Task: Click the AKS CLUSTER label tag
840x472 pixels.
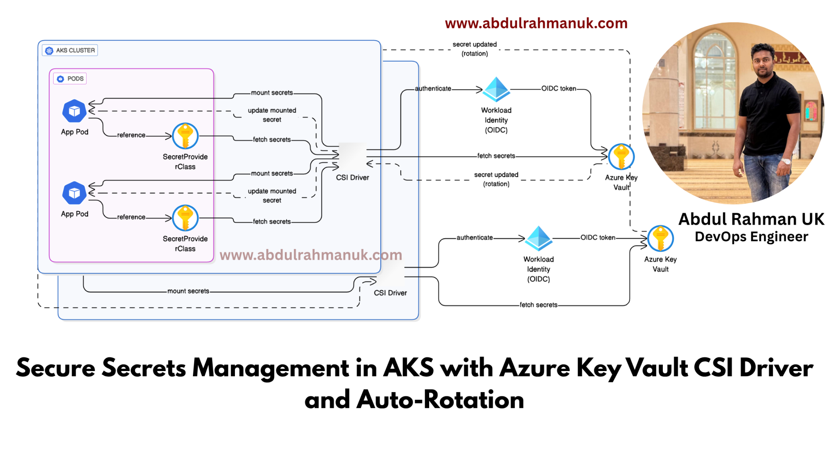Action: click(x=70, y=50)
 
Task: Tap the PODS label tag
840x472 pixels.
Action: click(x=70, y=79)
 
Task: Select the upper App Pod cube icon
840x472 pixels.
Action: click(x=74, y=111)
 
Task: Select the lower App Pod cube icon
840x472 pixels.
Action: click(x=74, y=193)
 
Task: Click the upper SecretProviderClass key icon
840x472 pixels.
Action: click(x=185, y=136)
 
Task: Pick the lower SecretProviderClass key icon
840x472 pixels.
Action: click(x=185, y=218)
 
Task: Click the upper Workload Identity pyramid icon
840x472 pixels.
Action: click(x=496, y=89)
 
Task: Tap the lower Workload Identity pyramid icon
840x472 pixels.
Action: click(x=538, y=238)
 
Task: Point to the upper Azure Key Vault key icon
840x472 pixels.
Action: click(x=621, y=156)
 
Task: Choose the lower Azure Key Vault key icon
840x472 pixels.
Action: click(x=660, y=238)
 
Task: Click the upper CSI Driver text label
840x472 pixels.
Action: click(x=352, y=177)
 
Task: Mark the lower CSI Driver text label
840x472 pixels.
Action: click(x=390, y=293)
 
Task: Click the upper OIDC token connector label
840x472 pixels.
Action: click(x=559, y=88)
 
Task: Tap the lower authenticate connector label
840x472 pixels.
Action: click(x=475, y=237)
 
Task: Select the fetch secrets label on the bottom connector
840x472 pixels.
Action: click(x=538, y=305)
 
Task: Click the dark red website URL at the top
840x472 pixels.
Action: click(x=536, y=23)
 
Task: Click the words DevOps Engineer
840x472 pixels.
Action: click(x=751, y=236)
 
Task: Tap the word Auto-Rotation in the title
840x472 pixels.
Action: click(x=440, y=399)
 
